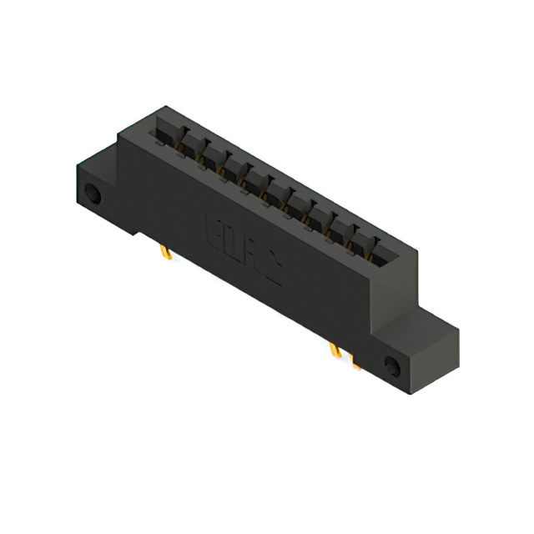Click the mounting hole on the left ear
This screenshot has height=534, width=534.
tap(93, 197)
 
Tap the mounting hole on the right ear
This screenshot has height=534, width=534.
tap(391, 365)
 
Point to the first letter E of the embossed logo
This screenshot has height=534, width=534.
tap(214, 229)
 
